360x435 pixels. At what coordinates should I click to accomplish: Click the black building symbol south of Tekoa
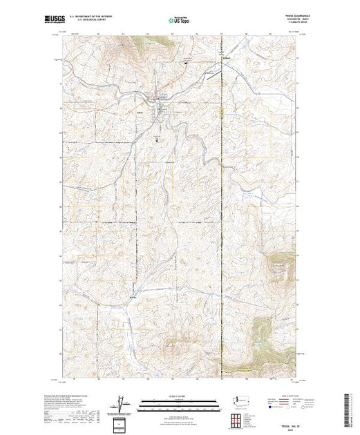pyautogui.click(x=158, y=137)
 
